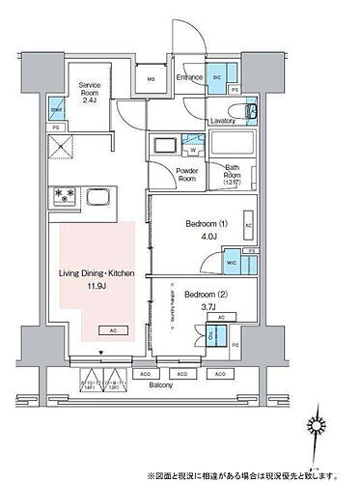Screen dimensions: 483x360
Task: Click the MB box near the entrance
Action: pos(152,79)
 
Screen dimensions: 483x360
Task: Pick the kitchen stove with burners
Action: pos(64,197)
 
